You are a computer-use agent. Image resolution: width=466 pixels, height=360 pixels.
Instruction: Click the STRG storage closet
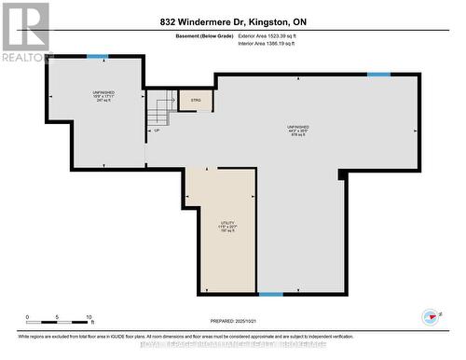pyautogui.click(x=197, y=99)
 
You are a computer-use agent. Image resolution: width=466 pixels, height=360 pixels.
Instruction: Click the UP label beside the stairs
pyautogui.click(x=155, y=131)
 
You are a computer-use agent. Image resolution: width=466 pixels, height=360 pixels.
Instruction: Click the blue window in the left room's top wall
pyautogui.click(x=97, y=58)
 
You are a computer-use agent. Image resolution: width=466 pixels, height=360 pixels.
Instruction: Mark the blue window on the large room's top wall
pyautogui.click(x=378, y=75)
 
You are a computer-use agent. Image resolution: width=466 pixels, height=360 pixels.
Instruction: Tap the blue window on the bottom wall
pyautogui.click(x=270, y=295)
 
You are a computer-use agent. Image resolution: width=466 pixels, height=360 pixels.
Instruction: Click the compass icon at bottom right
pyautogui.click(x=431, y=317)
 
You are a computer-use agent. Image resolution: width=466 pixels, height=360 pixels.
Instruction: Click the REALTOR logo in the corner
pyautogui.click(x=26, y=32)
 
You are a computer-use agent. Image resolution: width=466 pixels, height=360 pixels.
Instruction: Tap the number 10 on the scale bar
pyautogui.click(x=89, y=317)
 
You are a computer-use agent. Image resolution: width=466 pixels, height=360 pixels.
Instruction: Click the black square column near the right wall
pyautogui.click(x=342, y=174)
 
